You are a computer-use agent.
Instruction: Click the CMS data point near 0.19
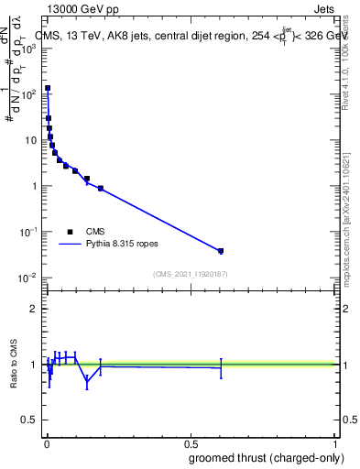point(101,188)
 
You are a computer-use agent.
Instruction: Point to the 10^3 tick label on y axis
point(28,48)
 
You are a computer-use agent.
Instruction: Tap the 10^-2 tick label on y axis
point(27,278)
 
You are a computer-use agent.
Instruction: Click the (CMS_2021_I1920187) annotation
point(190,274)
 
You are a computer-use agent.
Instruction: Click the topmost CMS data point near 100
point(48,89)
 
